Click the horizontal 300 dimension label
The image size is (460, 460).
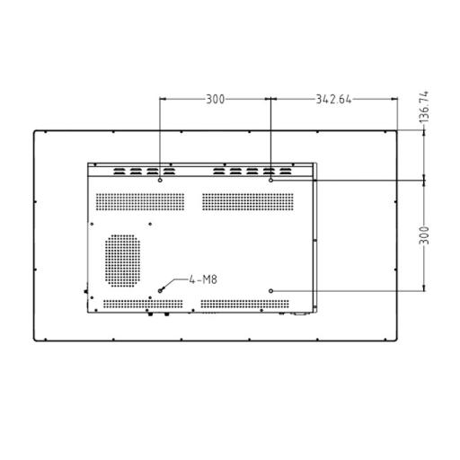216,100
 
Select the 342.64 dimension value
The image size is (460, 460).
333,100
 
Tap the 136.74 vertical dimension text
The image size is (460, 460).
424,107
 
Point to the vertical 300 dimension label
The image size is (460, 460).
424,235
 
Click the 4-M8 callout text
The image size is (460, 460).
203,279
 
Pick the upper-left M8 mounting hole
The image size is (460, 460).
160,181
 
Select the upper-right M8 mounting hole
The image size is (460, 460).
270,181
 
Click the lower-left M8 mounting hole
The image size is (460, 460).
160,291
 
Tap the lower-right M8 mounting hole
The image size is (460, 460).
270,291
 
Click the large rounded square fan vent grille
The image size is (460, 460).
122,261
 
